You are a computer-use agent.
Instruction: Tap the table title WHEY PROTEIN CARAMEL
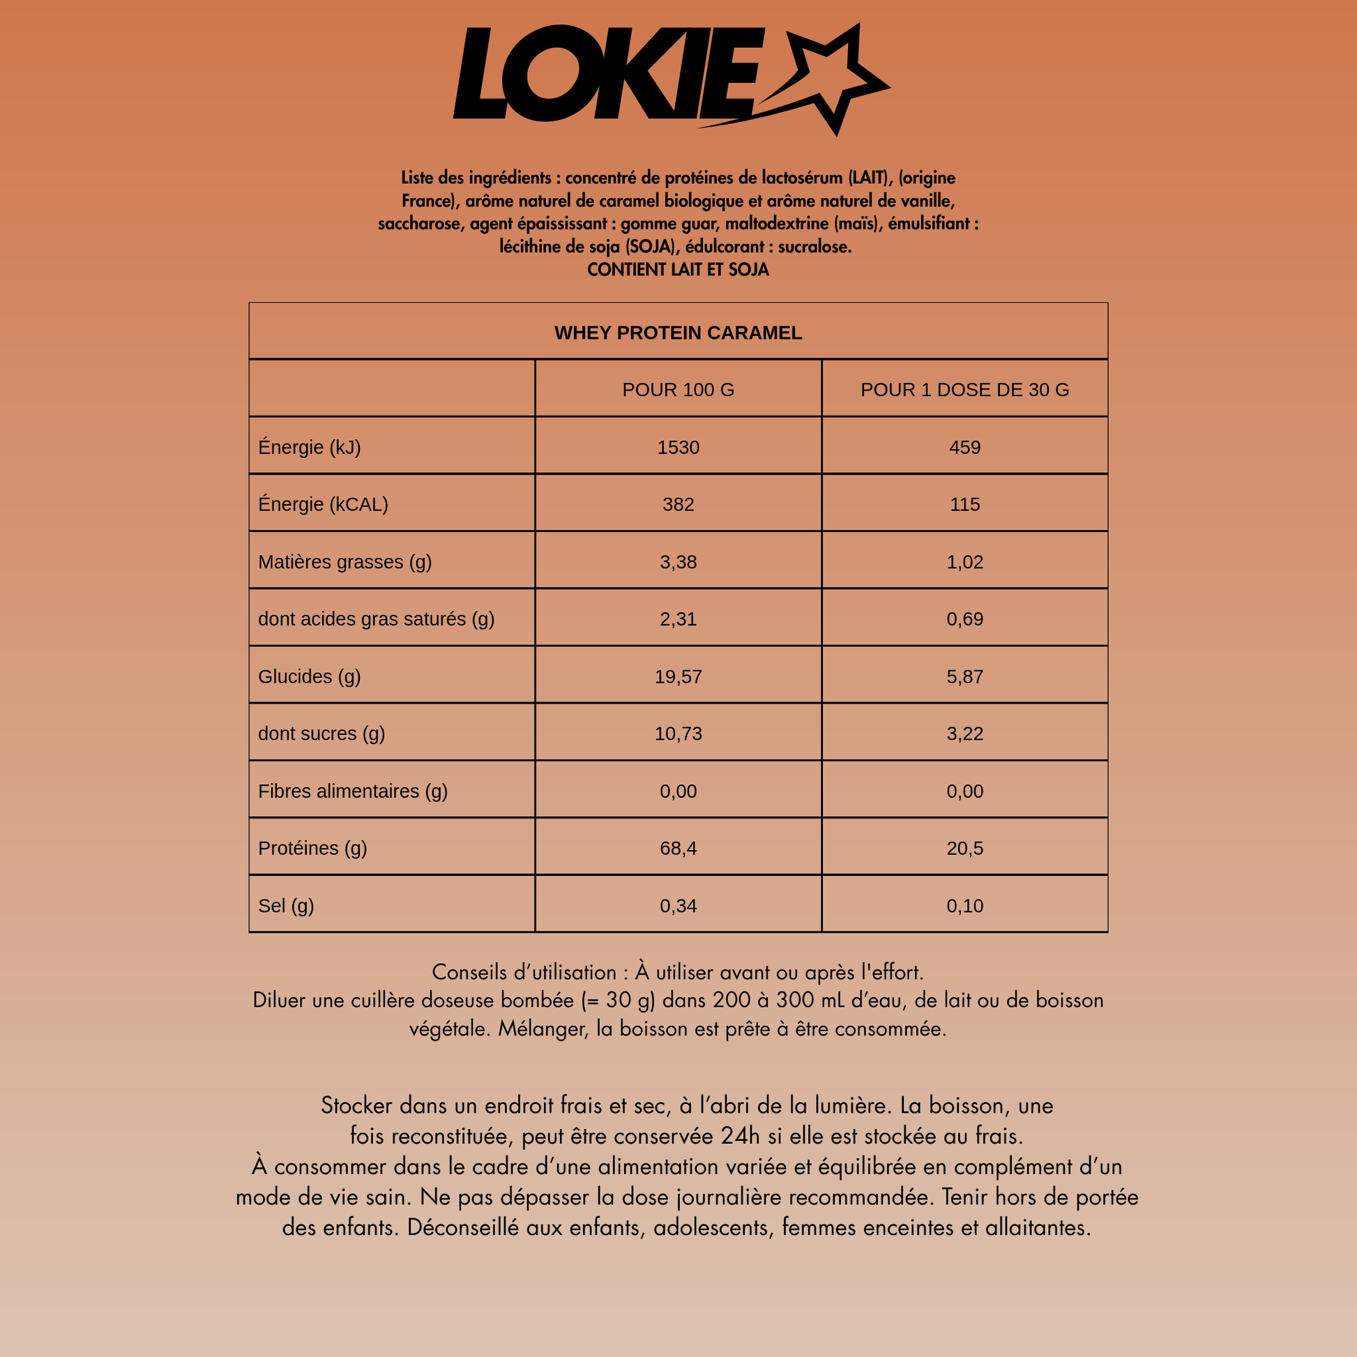click(x=678, y=333)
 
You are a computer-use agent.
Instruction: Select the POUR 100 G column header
click(x=678, y=390)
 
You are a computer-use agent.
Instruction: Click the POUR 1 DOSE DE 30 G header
click(x=964, y=390)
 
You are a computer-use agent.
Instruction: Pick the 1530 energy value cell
click(x=678, y=448)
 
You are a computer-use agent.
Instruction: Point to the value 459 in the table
click(x=964, y=448)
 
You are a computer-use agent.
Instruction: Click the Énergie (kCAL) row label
click(x=323, y=504)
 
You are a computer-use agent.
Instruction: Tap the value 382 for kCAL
click(x=678, y=504)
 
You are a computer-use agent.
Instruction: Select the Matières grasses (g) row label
click(x=344, y=562)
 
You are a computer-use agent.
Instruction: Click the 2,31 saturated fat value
click(x=678, y=619)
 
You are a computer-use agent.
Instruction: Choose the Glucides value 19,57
click(x=678, y=676)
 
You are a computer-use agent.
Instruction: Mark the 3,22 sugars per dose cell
click(x=964, y=734)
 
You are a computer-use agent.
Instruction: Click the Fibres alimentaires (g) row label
click(x=353, y=791)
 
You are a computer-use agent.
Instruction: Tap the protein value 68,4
click(x=678, y=848)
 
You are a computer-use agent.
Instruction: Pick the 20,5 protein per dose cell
click(x=964, y=848)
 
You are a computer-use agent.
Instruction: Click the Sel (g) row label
click(x=286, y=905)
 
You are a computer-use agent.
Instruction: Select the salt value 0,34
click(x=678, y=905)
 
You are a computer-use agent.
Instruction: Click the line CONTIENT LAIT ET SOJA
click(x=678, y=270)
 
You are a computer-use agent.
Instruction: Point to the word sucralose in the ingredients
click(x=814, y=247)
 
